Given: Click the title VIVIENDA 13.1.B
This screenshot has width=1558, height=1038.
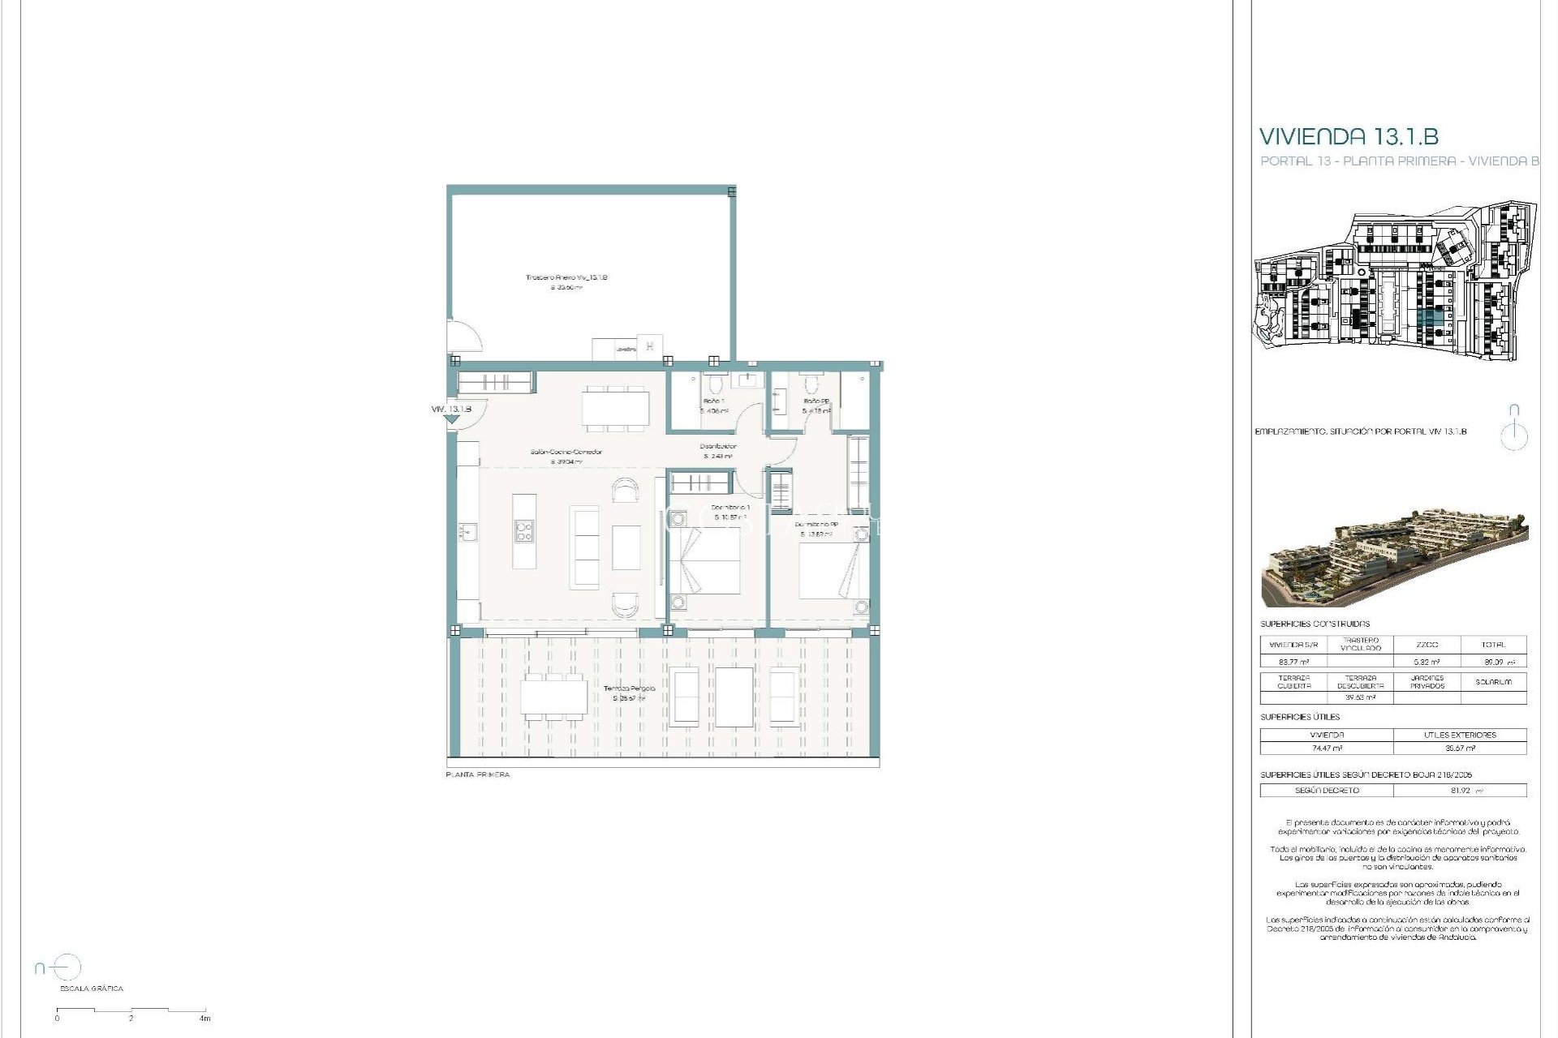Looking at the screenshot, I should pyautogui.click(x=1349, y=136).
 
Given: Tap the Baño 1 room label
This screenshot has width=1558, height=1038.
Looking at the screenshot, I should pyautogui.click(x=713, y=401).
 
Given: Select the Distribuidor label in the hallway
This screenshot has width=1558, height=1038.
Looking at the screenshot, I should pyautogui.click(x=718, y=447).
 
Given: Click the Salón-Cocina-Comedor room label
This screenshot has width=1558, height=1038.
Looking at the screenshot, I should pyautogui.click(x=566, y=452).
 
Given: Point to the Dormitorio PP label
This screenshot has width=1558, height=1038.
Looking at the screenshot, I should pyautogui.click(x=816, y=525).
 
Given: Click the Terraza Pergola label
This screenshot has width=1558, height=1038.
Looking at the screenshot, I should pyautogui.click(x=629, y=688).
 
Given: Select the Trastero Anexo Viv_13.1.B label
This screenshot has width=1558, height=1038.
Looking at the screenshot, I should pyautogui.click(x=566, y=277).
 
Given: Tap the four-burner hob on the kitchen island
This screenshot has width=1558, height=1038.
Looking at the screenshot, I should pyautogui.click(x=524, y=531).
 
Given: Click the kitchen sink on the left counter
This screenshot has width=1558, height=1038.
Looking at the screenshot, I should pyautogui.click(x=467, y=533).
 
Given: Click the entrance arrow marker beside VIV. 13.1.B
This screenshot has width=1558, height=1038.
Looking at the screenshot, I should pyautogui.click(x=452, y=419).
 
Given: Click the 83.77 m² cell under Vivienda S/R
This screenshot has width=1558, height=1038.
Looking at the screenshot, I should pyautogui.click(x=1293, y=662).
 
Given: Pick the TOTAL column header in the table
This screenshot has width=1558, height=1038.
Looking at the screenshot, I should pyautogui.click(x=1492, y=645).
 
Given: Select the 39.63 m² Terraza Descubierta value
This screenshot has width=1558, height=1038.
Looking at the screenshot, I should pyautogui.click(x=1360, y=697).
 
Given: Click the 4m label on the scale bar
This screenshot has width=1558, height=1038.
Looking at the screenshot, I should pyautogui.click(x=205, y=1019).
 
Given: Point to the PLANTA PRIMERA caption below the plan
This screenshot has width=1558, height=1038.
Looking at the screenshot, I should pyautogui.click(x=478, y=774).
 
